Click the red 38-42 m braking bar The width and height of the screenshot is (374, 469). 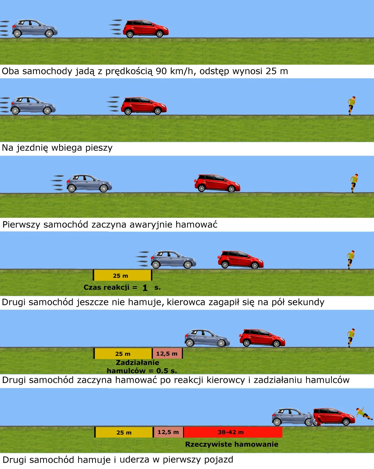[x=233, y=432]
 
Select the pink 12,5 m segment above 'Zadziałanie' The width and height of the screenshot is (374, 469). [x=167, y=354]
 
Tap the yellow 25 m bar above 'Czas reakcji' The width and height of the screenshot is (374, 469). [x=122, y=275]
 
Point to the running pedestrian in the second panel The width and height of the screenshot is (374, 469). [x=351, y=106]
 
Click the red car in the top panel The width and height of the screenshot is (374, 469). [x=146, y=28]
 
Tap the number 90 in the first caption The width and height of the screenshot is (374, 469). [x=161, y=71]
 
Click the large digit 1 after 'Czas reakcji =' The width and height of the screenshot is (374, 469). [x=145, y=288]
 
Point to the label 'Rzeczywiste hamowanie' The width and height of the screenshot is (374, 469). [x=232, y=444]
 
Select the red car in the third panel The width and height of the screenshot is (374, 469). [x=217, y=183]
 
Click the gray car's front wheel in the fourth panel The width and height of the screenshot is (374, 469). [x=188, y=265]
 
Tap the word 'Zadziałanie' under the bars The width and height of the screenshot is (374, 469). [x=137, y=363]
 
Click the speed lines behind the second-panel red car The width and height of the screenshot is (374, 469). [x=113, y=104]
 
